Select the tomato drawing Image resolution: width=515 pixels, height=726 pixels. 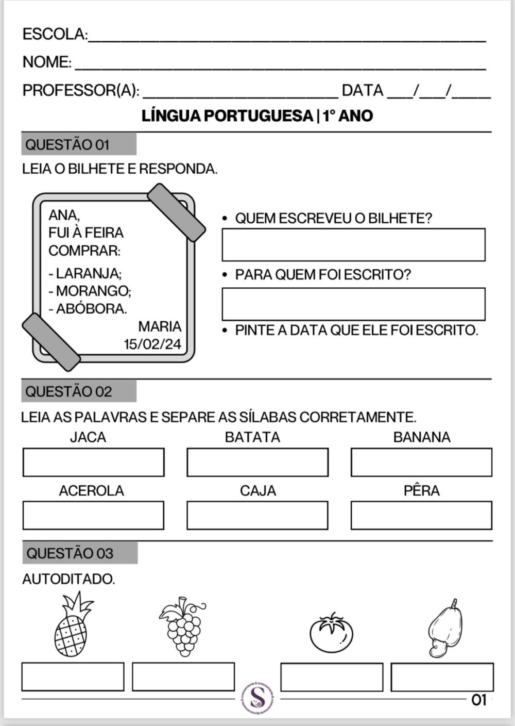(332, 633)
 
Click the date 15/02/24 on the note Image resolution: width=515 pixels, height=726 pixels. (152, 344)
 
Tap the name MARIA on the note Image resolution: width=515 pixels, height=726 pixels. (160, 326)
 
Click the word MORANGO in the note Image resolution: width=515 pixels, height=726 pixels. (93, 291)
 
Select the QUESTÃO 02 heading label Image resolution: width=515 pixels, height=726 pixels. (68, 392)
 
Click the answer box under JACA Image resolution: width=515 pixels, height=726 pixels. (93, 462)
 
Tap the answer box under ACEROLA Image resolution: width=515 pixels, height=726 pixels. (93, 515)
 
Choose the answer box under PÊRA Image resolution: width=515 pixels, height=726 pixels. (421, 515)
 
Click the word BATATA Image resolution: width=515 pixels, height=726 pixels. (252, 437)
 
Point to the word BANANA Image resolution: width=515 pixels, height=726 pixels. (422, 437)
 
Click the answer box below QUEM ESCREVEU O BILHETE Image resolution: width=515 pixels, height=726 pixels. (353, 244)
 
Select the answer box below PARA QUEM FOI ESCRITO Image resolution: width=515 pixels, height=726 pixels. (353, 304)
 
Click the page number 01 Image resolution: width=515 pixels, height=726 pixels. (479, 700)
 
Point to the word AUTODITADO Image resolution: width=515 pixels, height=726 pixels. (68, 579)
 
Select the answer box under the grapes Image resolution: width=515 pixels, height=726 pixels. (183, 676)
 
